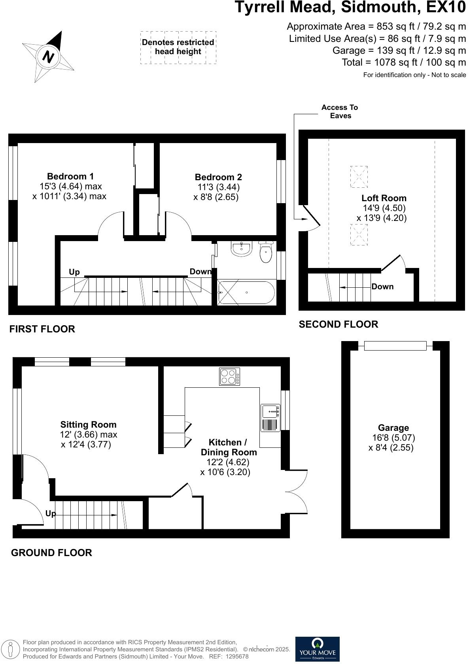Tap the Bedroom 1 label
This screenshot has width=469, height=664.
[x=70, y=177]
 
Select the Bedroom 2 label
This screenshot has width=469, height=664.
[x=218, y=177]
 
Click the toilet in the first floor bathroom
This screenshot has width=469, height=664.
[x=266, y=253]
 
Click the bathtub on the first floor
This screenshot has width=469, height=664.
[x=246, y=292]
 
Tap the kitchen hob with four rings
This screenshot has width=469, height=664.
[x=230, y=377]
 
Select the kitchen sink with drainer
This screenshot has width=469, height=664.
[x=270, y=417]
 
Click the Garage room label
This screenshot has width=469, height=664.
[x=393, y=428]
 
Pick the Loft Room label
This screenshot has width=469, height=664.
[x=384, y=198]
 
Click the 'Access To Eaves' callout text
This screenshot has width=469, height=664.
[x=340, y=111]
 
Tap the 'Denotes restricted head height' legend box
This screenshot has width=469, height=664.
[x=178, y=47]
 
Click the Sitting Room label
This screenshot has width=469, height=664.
[x=88, y=425]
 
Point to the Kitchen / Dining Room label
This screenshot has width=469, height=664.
[x=229, y=447]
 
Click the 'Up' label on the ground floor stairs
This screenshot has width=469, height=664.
[x=50, y=514]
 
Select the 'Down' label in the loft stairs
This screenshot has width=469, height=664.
[x=382, y=287]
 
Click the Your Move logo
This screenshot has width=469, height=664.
[x=318, y=649]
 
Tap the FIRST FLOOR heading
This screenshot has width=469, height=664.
[x=42, y=329]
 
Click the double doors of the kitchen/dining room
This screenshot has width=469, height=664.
[x=297, y=492]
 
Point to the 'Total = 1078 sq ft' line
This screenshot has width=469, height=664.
[x=404, y=62]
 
